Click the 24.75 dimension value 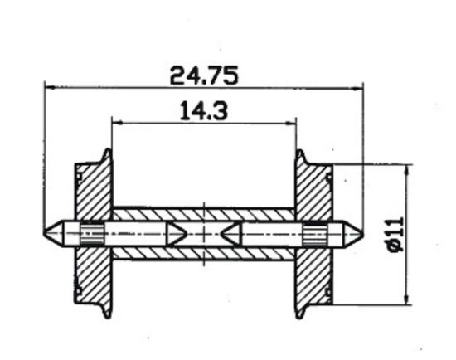(x=204, y=75)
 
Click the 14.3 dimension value (x=203, y=110)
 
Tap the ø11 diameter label (x=393, y=235)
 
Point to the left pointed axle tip (x=51, y=232)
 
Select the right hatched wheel (x=315, y=199)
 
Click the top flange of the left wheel (x=105, y=158)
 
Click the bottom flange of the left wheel (x=105, y=309)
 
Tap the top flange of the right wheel (x=301, y=158)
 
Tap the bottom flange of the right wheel (x=301, y=309)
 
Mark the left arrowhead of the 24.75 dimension (x=48, y=86)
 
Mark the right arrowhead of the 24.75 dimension (x=358, y=86)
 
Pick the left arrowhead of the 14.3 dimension (x=116, y=123)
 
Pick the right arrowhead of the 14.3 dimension (x=291, y=123)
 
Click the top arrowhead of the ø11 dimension (x=405, y=168)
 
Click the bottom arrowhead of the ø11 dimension (x=405, y=300)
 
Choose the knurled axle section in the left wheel (x=91, y=233)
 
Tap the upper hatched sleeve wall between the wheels (x=203, y=213)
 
